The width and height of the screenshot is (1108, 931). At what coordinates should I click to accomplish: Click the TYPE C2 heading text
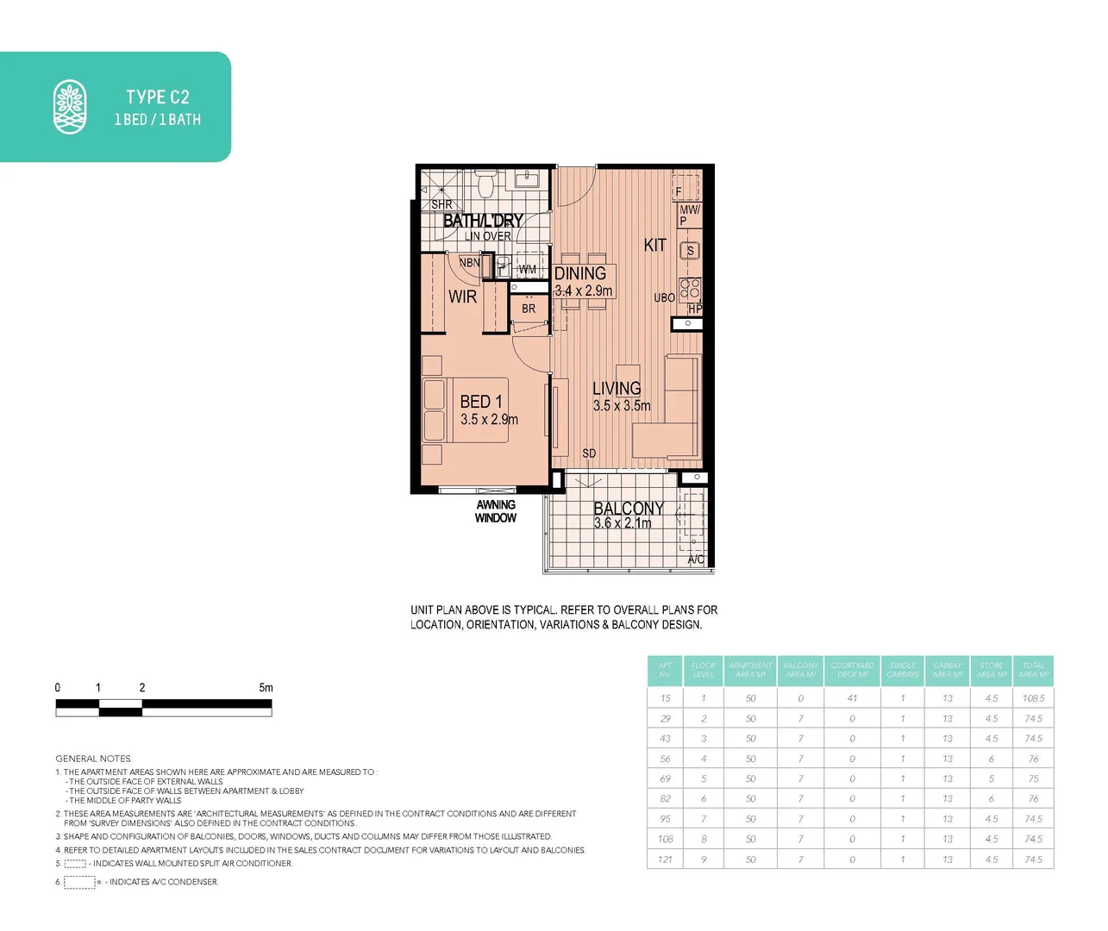pyautogui.click(x=157, y=97)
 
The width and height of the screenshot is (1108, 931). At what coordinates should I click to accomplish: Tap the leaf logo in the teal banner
pyautogui.click(x=70, y=107)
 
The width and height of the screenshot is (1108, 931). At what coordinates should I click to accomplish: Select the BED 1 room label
pyautogui.click(x=480, y=402)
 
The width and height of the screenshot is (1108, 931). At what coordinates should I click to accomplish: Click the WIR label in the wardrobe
pyautogui.click(x=462, y=297)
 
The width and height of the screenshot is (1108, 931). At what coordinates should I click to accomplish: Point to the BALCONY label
pyautogui.click(x=629, y=509)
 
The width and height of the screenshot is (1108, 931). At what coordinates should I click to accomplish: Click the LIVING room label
pyautogui.click(x=617, y=389)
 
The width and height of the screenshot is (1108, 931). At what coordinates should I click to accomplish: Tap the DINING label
pyautogui.click(x=579, y=273)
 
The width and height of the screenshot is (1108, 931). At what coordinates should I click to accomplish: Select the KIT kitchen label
pyautogui.click(x=655, y=245)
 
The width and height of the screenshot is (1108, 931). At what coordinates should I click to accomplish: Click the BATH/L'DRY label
pyautogui.click(x=483, y=221)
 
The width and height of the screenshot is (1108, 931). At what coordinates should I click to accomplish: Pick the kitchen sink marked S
pyautogui.click(x=689, y=251)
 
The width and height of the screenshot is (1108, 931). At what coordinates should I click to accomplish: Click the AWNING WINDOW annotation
pyautogui.click(x=496, y=511)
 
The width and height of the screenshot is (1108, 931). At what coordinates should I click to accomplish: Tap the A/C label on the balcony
pyautogui.click(x=696, y=559)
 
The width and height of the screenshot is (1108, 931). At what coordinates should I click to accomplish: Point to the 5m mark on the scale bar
pyautogui.click(x=266, y=688)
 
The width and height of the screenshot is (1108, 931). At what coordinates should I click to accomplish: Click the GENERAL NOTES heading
pyautogui.click(x=93, y=759)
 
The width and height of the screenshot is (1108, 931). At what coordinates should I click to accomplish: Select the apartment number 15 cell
pyautogui.click(x=665, y=698)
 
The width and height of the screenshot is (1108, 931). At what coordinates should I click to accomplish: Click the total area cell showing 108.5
pyautogui.click(x=1033, y=698)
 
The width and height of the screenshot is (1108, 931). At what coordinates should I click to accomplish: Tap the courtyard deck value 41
pyautogui.click(x=852, y=698)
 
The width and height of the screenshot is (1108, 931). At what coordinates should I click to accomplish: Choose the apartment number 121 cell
pyautogui.click(x=665, y=859)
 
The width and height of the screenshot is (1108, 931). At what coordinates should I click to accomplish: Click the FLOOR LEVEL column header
pyautogui.click(x=704, y=670)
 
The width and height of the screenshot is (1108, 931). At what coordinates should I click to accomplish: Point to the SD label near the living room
pyautogui.click(x=589, y=453)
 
